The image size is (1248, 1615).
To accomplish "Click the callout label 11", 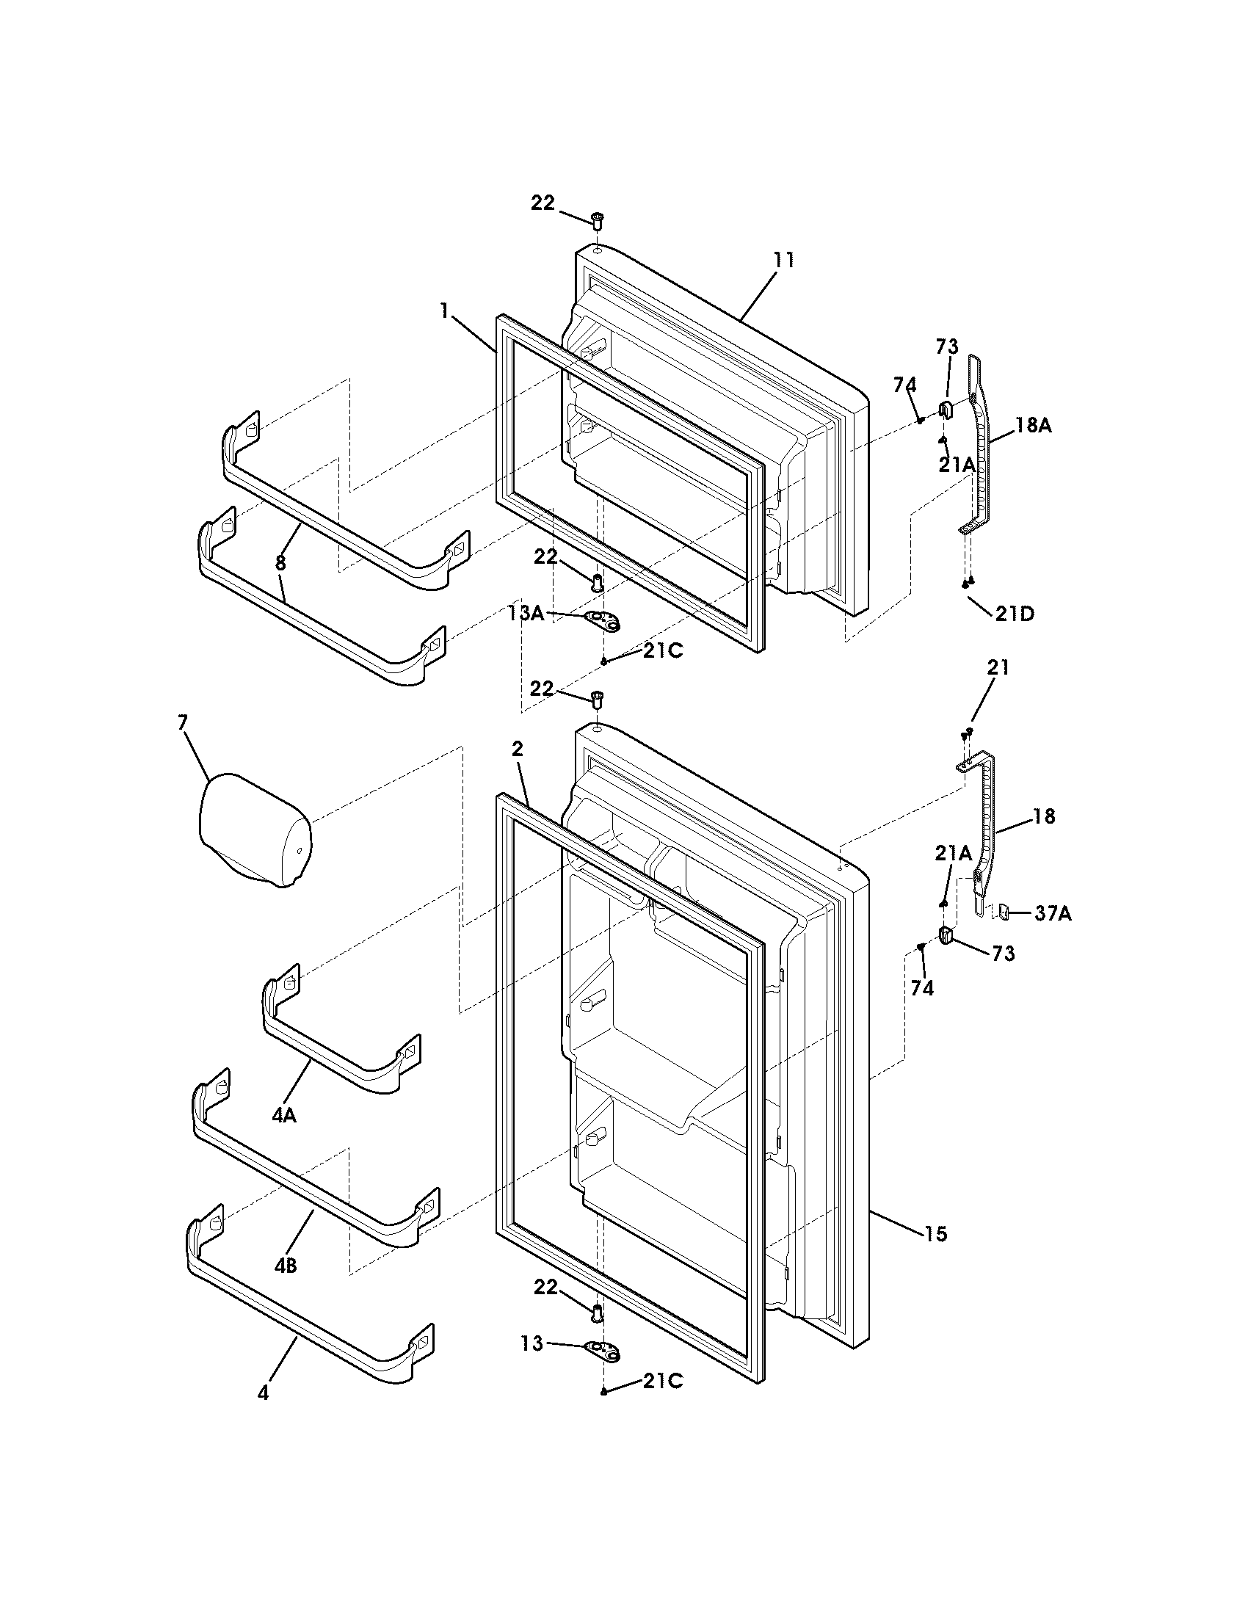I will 784,260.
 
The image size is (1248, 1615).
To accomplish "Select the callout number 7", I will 183,722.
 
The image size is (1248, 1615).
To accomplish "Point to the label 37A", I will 1053,914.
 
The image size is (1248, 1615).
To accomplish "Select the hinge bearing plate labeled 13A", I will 603,622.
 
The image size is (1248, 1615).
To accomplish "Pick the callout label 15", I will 935,1233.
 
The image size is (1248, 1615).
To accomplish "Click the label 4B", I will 286,1266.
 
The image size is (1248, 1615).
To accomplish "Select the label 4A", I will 284,1116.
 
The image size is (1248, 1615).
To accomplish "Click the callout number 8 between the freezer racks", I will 280,563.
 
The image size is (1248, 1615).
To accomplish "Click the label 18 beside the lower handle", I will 1043,816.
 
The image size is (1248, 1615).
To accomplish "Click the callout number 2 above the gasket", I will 517,748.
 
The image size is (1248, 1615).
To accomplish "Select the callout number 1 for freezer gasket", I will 443,311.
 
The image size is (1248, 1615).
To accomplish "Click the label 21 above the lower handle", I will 998,667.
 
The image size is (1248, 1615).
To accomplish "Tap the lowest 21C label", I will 662,1381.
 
